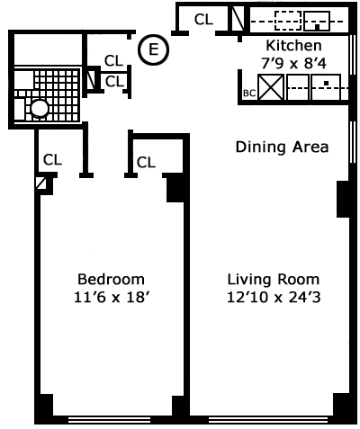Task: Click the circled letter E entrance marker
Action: pos(153,49)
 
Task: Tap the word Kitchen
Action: pos(293,46)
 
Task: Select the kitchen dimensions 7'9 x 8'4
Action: pos(293,63)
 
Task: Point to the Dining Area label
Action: pos(282,147)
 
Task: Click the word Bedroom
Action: pos(111,279)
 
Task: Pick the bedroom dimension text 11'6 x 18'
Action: pos(112,298)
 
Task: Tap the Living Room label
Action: pos(274,280)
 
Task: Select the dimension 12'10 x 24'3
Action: pos(274,298)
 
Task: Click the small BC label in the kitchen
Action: pos(249,94)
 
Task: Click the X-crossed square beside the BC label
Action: pos(271,87)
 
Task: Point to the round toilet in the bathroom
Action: pos(40,109)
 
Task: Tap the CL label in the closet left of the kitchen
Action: pos(203,20)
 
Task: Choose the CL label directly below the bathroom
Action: pos(52,160)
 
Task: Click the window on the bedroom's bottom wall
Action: pos(109,419)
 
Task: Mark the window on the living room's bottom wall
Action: pos(268,419)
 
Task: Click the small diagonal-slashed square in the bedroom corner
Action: pos(40,183)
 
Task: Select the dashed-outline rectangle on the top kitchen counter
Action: pos(288,21)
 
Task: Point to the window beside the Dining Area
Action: pos(353,142)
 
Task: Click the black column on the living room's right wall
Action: pos(343,199)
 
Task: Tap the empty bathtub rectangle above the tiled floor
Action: pos(48,49)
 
